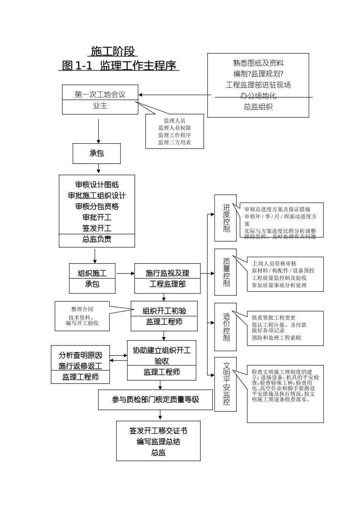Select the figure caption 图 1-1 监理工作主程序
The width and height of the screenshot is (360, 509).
(119, 66)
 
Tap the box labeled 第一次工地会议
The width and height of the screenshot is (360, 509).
(100, 94)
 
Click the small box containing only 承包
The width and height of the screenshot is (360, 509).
(97, 153)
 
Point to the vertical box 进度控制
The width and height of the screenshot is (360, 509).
(226, 218)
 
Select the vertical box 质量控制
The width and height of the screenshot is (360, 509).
(226, 272)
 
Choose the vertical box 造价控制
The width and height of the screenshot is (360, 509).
(226, 326)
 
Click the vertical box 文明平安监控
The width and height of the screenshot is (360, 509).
(226, 384)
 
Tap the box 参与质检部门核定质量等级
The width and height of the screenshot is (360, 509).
(155, 400)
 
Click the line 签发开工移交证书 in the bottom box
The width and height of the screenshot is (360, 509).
(158, 431)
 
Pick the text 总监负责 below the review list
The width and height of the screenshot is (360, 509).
(97, 239)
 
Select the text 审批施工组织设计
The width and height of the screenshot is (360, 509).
(97, 196)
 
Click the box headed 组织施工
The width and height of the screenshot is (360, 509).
(92, 273)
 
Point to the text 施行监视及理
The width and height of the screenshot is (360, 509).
(167, 273)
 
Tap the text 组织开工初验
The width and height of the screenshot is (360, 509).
(164, 311)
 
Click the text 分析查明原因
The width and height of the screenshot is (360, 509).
(80, 355)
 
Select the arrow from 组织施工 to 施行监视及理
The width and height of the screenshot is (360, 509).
(125, 273)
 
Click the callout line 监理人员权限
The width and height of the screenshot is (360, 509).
(175, 128)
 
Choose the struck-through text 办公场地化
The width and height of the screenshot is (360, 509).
(258, 96)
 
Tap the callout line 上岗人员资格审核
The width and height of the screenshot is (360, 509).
(274, 263)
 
